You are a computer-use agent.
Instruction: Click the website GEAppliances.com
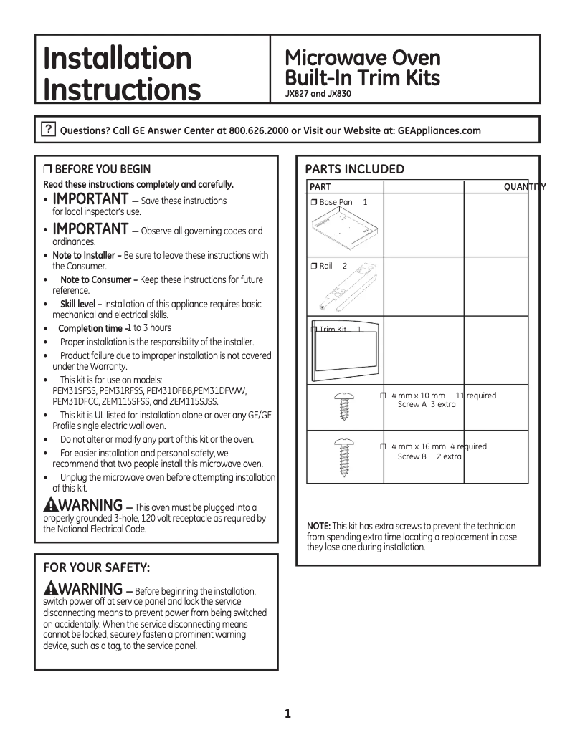click(439, 131)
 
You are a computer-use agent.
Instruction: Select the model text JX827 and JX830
click(318, 93)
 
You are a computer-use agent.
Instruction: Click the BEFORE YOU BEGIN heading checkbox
click(48, 170)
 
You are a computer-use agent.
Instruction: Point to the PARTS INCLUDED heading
click(354, 169)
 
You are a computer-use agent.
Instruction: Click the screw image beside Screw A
click(342, 408)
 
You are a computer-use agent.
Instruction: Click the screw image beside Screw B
click(342, 455)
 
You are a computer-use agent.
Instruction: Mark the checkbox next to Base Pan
click(314, 203)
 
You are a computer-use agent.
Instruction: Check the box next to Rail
click(314, 267)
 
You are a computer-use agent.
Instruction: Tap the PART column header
click(320, 187)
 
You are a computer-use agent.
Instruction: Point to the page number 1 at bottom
click(287, 713)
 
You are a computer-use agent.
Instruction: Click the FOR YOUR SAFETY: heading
click(97, 567)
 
